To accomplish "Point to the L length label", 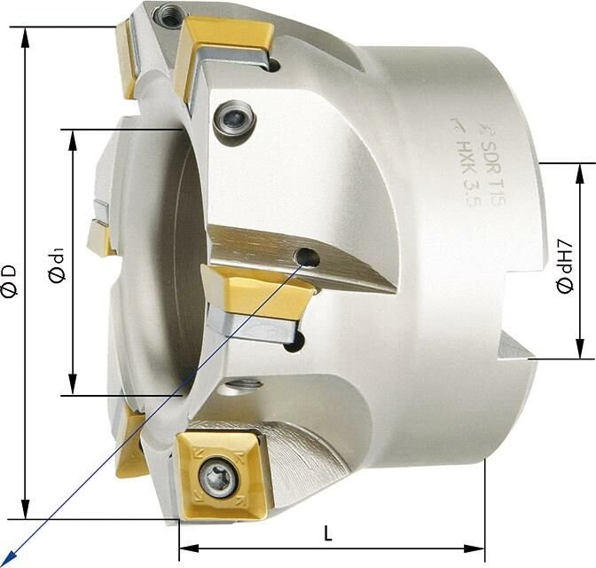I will pyautogui.click(x=327, y=534).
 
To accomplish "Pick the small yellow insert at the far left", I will pyautogui.click(x=100, y=238).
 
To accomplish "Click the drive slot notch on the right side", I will pyautogui.click(x=515, y=346).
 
